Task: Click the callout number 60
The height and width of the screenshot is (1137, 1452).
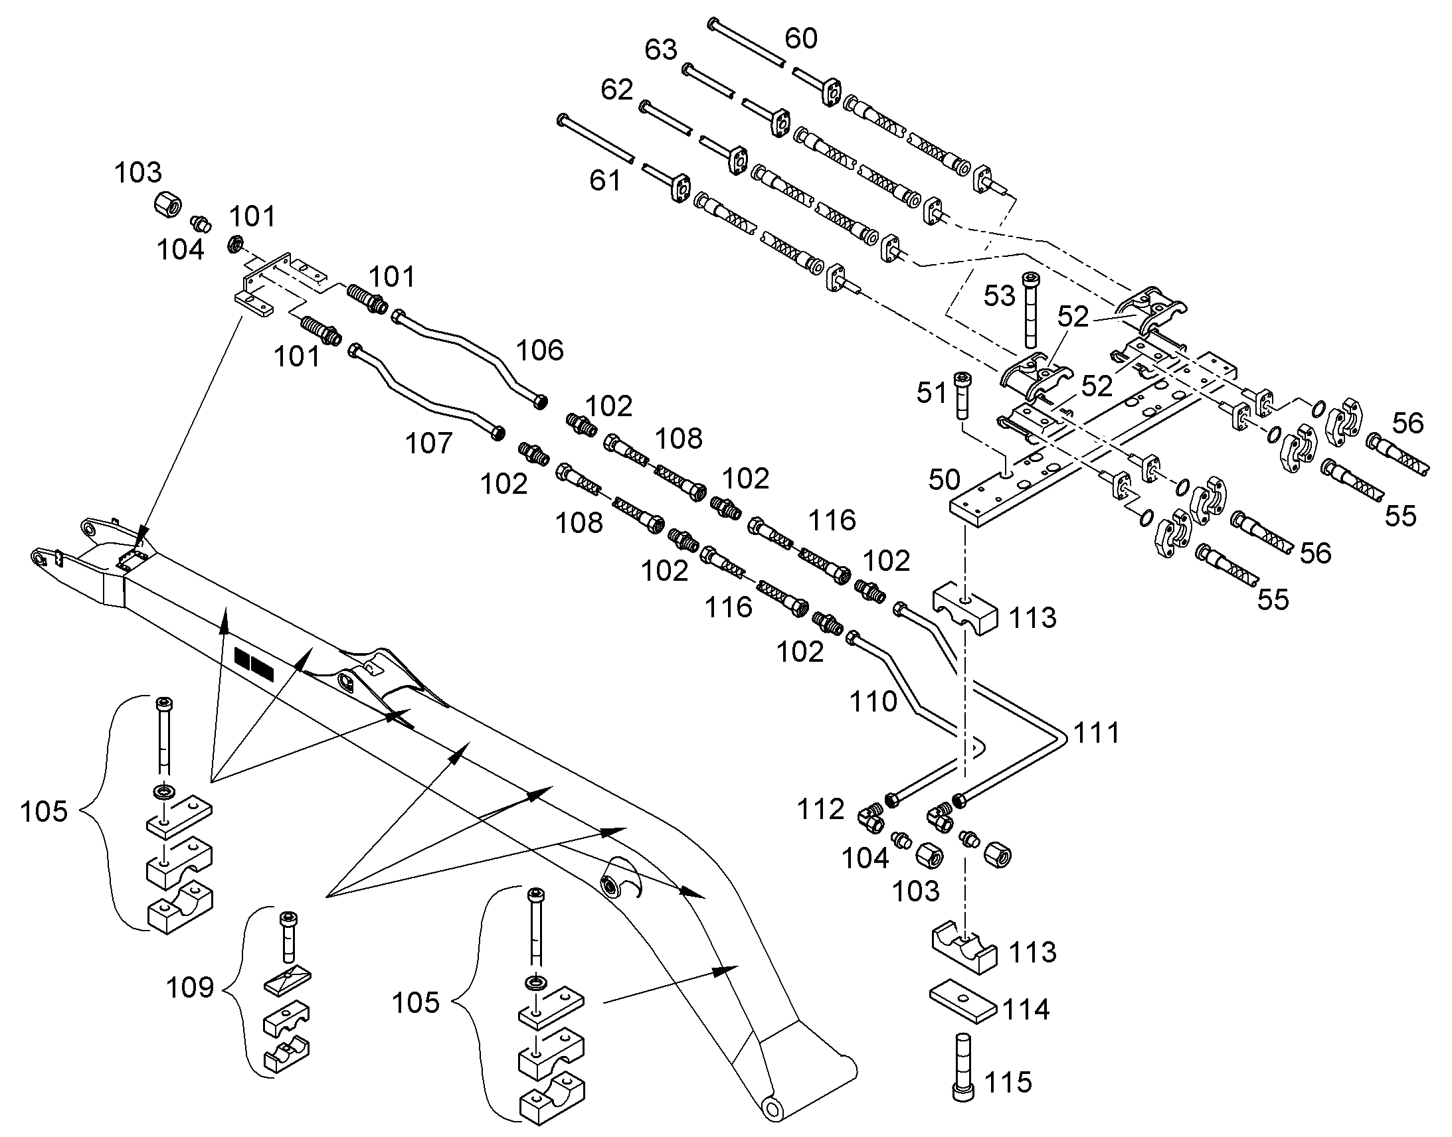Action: [x=800, y=38]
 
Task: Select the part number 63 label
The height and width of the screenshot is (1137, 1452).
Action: [x=661, y=50]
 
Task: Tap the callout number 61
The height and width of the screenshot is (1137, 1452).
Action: [x=604, y=181]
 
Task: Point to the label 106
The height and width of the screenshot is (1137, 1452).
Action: [x=540, y=350]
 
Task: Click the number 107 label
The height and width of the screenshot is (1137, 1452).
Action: [x=429, y=443]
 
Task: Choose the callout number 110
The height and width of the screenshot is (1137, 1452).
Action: [x=873, y=702]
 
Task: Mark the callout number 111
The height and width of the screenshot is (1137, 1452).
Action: [x=1097, y=733]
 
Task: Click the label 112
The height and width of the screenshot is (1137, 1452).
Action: [x=821, y=810]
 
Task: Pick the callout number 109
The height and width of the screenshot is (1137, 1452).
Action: [x=190, y=988]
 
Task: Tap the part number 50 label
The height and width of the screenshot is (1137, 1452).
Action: [x=945, y=480]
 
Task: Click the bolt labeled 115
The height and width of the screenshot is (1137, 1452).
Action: [x=960, y=1075]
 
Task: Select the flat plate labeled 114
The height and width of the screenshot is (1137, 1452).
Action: [x=963, y=1000]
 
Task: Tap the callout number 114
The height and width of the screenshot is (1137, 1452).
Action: [x=1026, y=1010]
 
